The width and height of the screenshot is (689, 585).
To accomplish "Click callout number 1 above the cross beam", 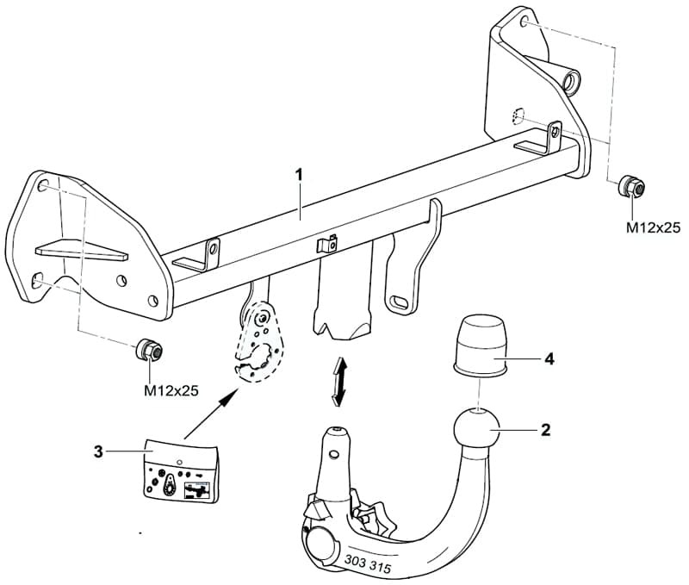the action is point(299,176).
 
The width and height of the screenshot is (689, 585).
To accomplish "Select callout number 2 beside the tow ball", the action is point(545,430).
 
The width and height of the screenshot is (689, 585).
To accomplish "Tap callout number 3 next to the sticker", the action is point(98,451).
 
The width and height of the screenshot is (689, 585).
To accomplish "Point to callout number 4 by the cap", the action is point(549,359).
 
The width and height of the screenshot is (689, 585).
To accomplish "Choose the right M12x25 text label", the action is point(653,227).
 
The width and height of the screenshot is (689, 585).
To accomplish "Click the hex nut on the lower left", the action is point(149,350).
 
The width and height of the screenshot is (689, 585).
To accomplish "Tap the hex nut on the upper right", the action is point(631,186).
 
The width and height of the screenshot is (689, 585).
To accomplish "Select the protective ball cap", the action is point(481,345).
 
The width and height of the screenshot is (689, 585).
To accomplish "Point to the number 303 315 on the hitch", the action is point(368,564).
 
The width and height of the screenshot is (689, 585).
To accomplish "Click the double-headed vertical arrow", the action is point(338,381).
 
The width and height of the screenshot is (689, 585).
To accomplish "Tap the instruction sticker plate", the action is point(181,471).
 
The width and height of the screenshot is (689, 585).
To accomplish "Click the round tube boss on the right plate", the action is point(571,81).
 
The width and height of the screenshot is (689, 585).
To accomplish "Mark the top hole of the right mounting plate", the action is point(524,22).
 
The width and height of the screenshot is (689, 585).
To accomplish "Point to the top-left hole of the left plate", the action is point(42,185).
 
